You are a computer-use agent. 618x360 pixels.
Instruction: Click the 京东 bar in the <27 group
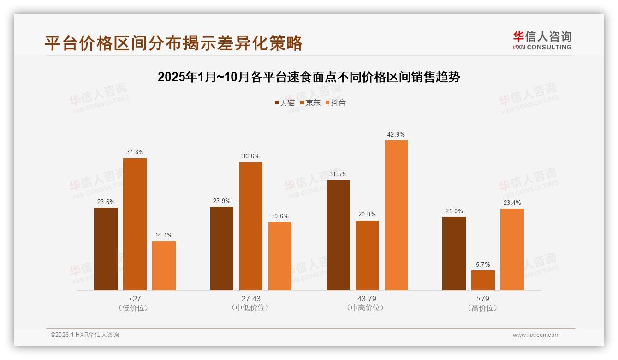coord(135,224)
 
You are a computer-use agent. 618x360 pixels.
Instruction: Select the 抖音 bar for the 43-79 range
coord(396,215)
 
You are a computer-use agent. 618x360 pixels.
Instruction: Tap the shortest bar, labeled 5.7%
coord(483,280)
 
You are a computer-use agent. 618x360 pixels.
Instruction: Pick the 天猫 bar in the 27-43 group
coord(222,248)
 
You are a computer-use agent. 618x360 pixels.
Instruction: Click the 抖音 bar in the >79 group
coord(512,249)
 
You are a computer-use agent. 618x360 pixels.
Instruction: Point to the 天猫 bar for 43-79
coord(338,235)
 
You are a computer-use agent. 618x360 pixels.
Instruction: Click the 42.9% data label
coord(396,135)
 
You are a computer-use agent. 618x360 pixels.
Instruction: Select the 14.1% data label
coord(164,235)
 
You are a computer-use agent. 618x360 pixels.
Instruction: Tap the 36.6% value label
coord(251,156)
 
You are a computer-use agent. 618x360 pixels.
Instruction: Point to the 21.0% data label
coord(454,211)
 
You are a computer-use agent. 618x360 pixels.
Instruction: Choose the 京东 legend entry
coord(310,103)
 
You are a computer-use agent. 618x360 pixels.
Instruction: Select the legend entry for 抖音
coord(336,103)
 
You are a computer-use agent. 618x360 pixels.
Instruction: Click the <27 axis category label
coord(135,299)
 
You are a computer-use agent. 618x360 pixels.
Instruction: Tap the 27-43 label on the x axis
coord(251,299)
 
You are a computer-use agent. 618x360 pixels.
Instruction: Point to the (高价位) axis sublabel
coord(483,308)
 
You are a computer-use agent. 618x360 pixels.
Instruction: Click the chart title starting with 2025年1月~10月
coord(309,77)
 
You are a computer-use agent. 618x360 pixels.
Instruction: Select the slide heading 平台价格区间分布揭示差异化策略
coord(173,43)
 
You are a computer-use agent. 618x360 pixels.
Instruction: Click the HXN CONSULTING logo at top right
coord(542,40)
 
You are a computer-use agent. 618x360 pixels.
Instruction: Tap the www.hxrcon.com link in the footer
coord(536,335)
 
